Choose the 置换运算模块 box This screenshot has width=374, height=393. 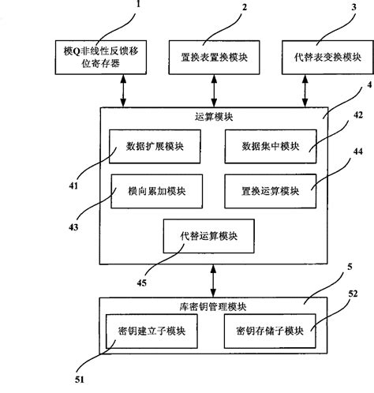[x=270, y=190]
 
